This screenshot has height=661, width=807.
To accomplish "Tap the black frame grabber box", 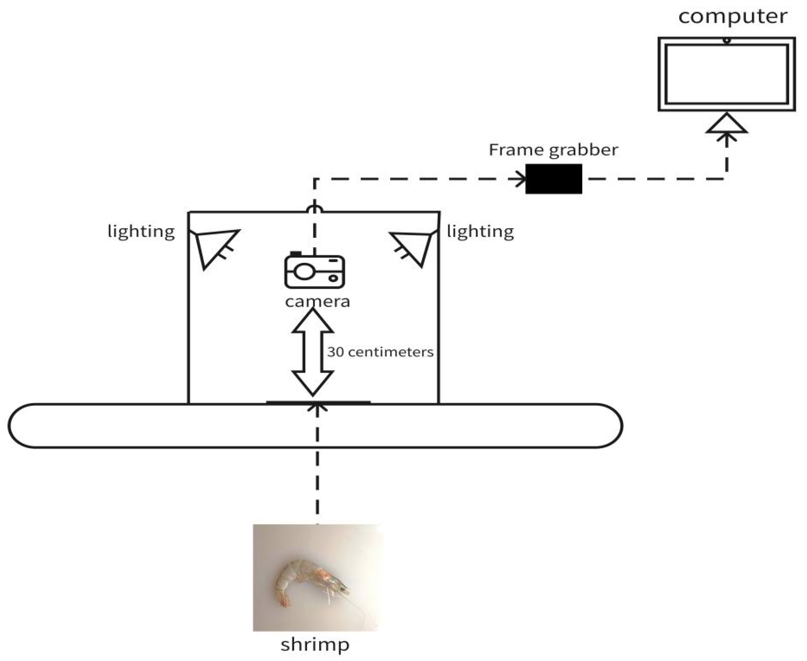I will coord(554,179).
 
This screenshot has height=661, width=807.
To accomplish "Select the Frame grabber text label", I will coord(553,150).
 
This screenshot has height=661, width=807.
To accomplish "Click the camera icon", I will coord(314,271).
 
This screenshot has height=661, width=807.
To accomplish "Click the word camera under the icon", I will coord(317,301).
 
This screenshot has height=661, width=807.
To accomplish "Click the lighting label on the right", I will coord(480,231).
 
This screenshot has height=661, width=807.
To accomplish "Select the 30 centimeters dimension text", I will coord(380,352).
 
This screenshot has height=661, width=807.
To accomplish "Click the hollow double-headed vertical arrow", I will coord(313,352).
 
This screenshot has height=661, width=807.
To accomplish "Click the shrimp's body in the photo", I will coord(301,571).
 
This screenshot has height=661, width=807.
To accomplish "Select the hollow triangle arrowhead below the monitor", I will coord(727,124).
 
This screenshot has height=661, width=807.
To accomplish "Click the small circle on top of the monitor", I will coord(727,40).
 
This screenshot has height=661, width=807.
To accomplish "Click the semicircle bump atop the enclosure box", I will coord(314,209).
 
